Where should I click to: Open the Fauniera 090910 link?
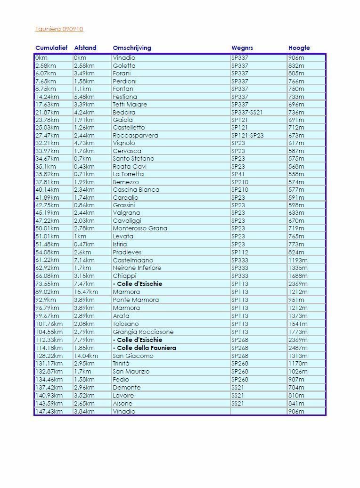pos(59,29)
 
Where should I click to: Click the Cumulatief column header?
pos(51,48)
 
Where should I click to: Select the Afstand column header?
pos(85,48)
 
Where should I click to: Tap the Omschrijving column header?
pos(132,48)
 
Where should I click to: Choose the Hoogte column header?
pos(299,48)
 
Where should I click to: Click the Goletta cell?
pos(124,66)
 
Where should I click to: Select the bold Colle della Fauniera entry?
pos(145,348)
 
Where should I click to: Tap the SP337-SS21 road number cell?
pos(247,113)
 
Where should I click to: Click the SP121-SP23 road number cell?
pos(247,136)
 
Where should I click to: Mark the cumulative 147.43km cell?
pos(49,412)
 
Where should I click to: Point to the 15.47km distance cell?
pos(86,292)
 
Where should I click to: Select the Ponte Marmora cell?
pos(136,300)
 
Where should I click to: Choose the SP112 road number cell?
pos(240,252)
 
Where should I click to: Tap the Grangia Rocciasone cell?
pos(143,332)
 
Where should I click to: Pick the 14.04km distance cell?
pos(86,356)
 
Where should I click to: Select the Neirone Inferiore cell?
pos(137,268)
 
